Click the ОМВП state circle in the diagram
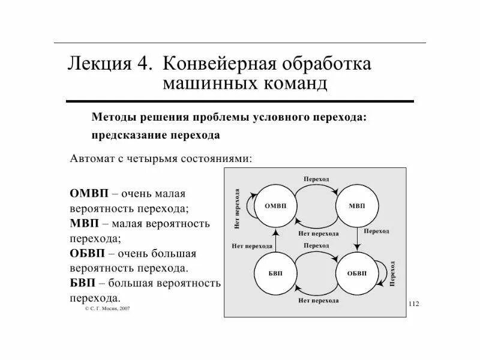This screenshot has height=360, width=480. click(275, 206)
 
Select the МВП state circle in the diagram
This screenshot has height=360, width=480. click(357, 206)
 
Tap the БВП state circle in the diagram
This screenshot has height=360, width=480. click(275, 273)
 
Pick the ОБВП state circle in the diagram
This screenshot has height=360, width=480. click(357, 273)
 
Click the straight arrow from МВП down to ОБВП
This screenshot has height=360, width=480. click(358, 239)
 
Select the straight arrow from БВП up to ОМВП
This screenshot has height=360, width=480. click(275, 239)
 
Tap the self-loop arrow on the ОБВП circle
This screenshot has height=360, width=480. click(382, 273)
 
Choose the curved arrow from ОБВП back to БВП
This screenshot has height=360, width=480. click(316, 290)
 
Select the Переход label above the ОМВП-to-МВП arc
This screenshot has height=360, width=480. click(316, 179)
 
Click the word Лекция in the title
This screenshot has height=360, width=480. click(103, 64)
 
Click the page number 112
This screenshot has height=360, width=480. click(413, 304)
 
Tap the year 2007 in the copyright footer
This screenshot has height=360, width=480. click(124, 308)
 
